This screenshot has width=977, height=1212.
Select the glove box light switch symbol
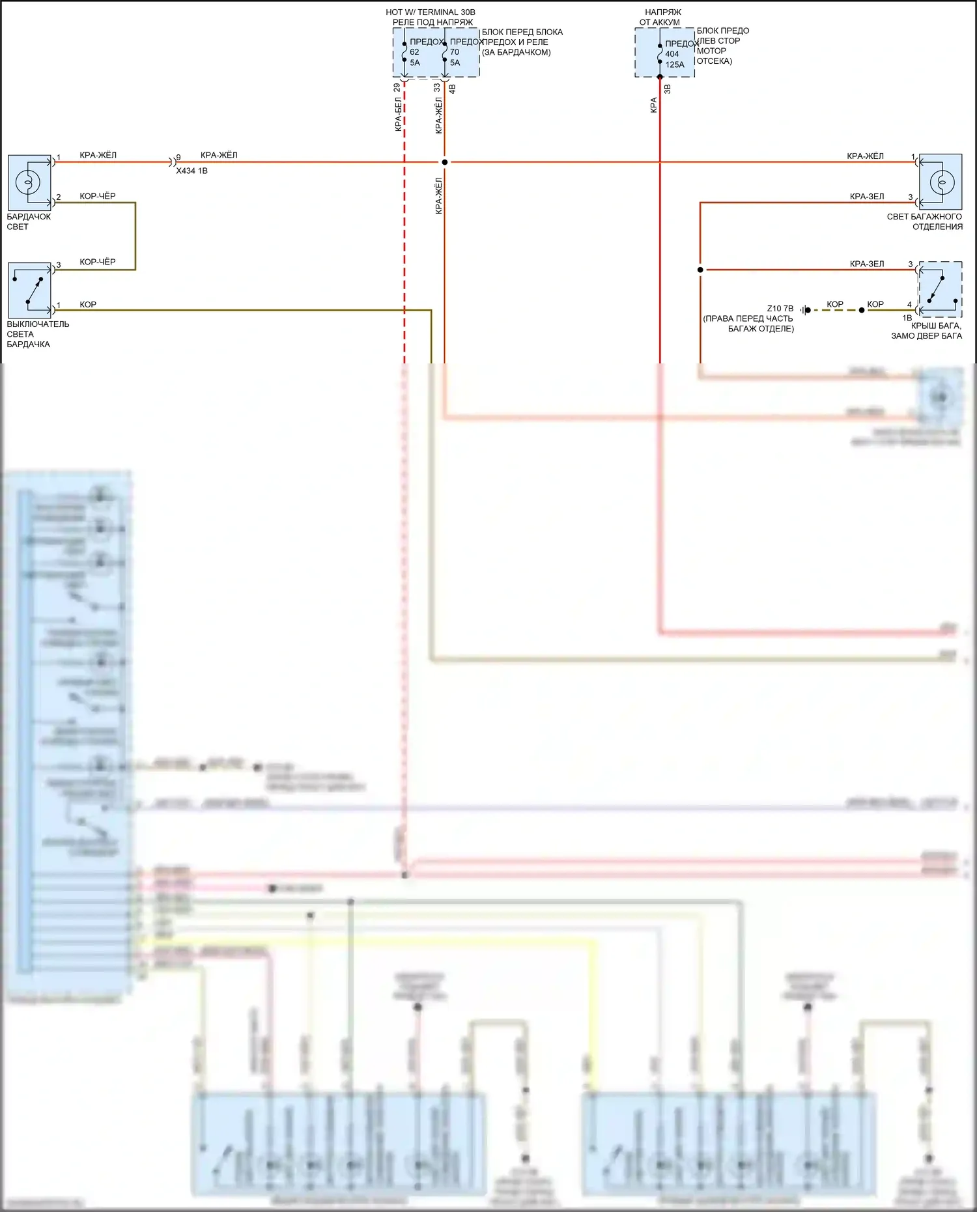pos(29,290)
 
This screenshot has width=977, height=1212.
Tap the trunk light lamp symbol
pos(941,182)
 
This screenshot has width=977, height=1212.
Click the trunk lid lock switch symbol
pos(940,289)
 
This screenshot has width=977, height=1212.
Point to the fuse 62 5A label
pos(415,53)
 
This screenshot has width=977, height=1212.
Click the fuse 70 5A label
pos(455,53)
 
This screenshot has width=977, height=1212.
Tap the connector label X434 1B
pos(191,171)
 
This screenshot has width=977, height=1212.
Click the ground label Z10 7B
pos(780,309)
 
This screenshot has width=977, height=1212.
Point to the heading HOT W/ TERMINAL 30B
pos(431,12)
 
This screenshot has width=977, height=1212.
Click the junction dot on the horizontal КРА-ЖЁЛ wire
pos(445,162)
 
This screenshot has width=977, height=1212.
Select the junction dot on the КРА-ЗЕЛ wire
pos(700,270)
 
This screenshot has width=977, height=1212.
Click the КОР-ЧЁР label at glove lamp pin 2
pos(98,196)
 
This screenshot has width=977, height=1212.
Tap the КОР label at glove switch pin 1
pos(88,304)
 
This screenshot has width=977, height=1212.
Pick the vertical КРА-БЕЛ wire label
pos(398,115)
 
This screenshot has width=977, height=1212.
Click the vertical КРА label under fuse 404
pos(653,105)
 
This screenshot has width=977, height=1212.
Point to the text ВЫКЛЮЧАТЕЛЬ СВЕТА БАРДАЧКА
pos(37,334)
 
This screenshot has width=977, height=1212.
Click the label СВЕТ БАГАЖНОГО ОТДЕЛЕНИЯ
pos(924,221)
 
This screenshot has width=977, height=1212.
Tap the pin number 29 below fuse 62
pos(397,87)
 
